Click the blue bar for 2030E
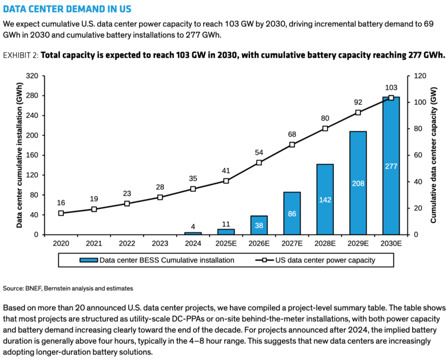[391, 166]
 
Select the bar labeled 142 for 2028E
[325, 199]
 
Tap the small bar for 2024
[193, 234]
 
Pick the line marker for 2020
[61, 213]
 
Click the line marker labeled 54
[259, 163]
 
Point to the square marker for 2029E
[358, 112]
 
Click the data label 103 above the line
[391, 88]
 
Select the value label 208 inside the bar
[358, 183]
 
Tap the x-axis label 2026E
[259, 243]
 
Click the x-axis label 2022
[127, 243]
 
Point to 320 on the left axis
[32, 76]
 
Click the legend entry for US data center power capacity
[315, 260]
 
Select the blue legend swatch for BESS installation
[89, 260]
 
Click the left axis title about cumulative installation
[19, 155]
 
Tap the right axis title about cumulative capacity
[433, 155]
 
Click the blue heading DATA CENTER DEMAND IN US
[67, 9]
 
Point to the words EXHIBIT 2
[21, 55]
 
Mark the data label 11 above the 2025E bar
[226, 224]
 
